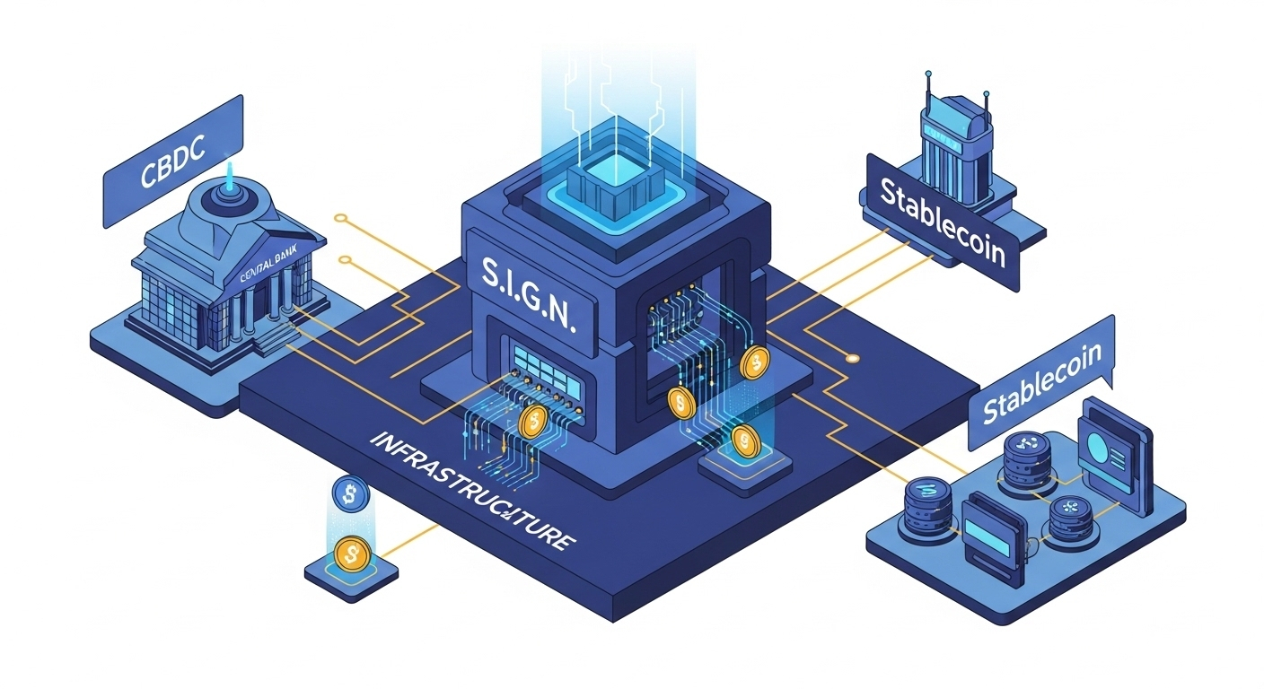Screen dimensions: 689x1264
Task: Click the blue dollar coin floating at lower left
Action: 348,493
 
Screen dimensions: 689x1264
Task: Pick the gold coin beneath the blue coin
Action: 349,554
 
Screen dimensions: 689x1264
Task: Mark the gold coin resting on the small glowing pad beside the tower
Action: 743,440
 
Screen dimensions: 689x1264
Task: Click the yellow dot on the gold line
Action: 852,358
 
